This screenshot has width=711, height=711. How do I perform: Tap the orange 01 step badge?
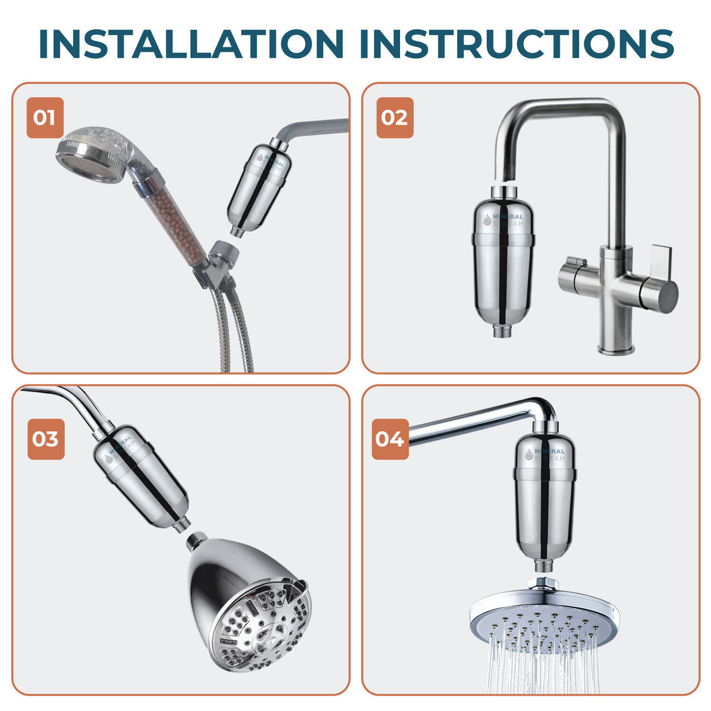45,118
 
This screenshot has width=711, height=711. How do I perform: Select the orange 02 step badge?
394,118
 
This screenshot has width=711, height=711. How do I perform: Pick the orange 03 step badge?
45,439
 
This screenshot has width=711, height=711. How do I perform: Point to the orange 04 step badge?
390,439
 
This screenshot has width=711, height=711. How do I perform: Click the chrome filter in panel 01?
256,191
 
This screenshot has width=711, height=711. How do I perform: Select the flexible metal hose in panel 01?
236,336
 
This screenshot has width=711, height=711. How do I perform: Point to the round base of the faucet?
615,349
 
